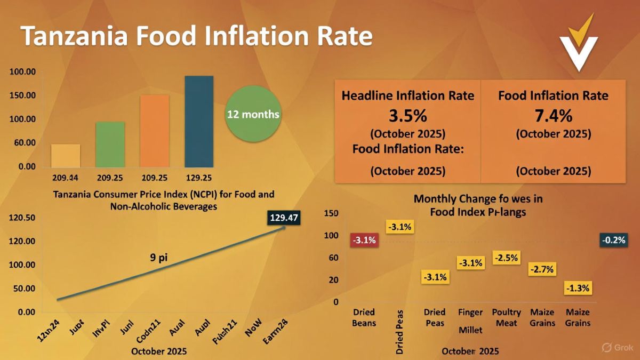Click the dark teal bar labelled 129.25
coord(199,121)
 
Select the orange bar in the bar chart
coord(155,131)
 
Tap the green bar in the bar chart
coord(110,144)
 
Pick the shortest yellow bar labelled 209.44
coord(66,155)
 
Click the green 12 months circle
coord(253,114)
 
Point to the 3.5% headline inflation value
coord(407,116)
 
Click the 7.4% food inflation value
coord(553,116)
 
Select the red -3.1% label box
coord(364,240)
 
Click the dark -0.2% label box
coord(613,240)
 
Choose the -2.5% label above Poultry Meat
coord(506,258)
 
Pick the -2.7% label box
coord(542,269)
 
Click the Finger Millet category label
coord(470,321)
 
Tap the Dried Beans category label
coord(364,317)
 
